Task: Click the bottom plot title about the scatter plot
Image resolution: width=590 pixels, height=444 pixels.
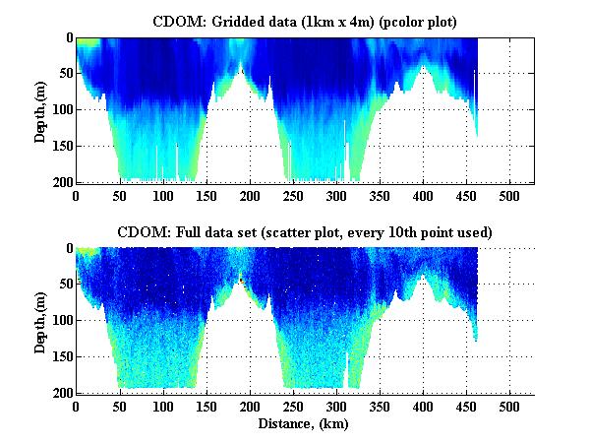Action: click(305, 231)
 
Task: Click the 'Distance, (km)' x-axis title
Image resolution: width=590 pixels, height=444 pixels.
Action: click(305, 425)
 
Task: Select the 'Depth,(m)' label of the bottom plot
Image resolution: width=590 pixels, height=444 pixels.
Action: click(40, 320)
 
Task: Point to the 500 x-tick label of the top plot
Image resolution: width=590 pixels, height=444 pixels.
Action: click(509, 196)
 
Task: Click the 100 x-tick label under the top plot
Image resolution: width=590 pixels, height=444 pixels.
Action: click(162, 196)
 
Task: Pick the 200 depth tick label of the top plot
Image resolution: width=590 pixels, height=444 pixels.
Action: click(60, 182)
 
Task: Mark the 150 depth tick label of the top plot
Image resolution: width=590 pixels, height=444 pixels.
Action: click(60, 146)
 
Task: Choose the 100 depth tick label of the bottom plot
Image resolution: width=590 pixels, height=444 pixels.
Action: click(60, 321)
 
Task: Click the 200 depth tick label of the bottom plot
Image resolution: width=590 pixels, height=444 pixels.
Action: click(60, 393)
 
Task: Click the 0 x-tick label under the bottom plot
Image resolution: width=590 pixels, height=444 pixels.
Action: click(76, 407)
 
